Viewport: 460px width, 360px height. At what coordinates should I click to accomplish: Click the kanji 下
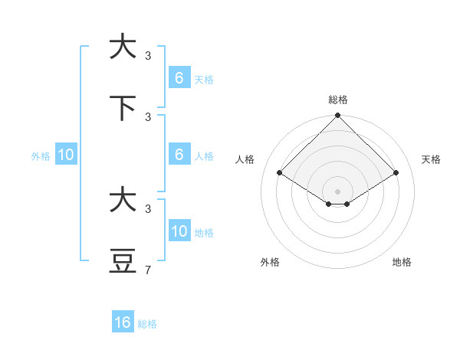[123, 108]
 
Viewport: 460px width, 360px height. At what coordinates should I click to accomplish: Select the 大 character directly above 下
[123, 47]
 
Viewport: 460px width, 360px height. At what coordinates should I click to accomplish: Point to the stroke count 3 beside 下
[148, 116]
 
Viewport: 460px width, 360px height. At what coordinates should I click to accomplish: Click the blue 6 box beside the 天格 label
[179, 78]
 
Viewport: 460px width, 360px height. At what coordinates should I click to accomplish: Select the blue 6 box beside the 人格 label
[179, 155]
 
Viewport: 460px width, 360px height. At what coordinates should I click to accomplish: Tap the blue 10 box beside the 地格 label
[179, 231]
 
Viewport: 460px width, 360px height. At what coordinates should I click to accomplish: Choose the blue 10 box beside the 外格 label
[66, 155]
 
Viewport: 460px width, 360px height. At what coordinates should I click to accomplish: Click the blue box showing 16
[123, 322]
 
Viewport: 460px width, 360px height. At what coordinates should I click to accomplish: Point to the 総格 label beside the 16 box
[147, 324]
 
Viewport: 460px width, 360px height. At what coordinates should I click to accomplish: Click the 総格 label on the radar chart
[338, 100]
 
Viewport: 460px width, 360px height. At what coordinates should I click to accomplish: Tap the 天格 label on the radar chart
[432, 159]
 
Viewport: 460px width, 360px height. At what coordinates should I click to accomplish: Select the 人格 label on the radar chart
[245, 159]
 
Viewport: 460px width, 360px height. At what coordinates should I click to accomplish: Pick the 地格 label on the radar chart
[402, 262]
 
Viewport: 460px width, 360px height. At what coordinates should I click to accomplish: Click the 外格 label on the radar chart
[270, 262]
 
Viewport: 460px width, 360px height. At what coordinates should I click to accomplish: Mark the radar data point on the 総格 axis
[338, 116]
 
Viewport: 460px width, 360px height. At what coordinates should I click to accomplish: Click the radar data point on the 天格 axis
[396, 172]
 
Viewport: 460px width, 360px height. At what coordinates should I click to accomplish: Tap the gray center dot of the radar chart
[338, 191]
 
